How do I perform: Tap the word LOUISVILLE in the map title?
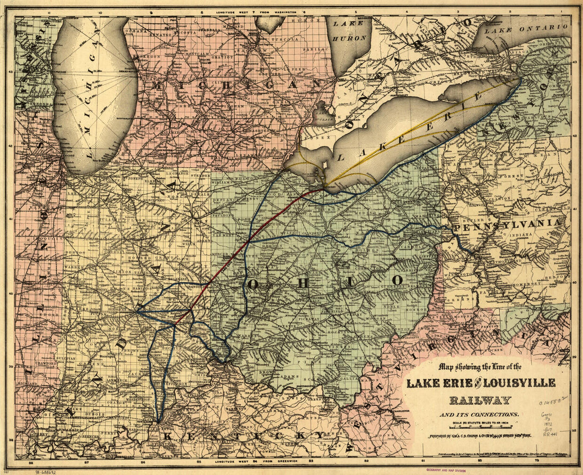522,383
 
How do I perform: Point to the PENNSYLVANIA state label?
506,225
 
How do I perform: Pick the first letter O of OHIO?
253,283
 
